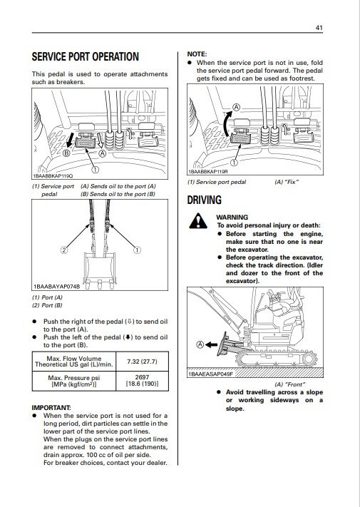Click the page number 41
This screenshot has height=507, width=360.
click(x=319, y=28)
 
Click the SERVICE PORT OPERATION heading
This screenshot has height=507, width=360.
click(x=86, y=57)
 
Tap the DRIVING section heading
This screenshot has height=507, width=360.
click(x=204, y=200)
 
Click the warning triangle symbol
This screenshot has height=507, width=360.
click(x=198, y=221)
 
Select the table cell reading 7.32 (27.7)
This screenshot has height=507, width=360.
click(x=142, y=362)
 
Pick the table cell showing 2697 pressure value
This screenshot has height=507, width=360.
click(x=142, y=381)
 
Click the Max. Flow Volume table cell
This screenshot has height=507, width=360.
click(x=74, y=362)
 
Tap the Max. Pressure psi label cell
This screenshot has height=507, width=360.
click(x=74, y=381)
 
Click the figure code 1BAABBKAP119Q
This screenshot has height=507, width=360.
click(x=53, y=176)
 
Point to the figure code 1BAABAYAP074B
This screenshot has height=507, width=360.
click(x=56, y=287)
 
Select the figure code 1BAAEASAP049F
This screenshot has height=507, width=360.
click(x=210, y=374)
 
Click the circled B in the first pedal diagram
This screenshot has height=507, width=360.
click(x=66, y=153)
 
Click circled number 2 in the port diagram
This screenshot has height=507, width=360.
click(x=64, y=250)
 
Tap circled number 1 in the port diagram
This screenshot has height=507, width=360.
click(x=137, y=250)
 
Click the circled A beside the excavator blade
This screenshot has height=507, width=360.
click(x=200, y=344)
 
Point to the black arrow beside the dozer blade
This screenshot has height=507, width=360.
click(x=212, y=344)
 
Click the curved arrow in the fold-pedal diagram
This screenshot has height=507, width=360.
click(x=226, y=123)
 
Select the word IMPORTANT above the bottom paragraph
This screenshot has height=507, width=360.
click(x=51, y=407)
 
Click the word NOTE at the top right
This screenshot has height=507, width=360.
click(x=197, y=54)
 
